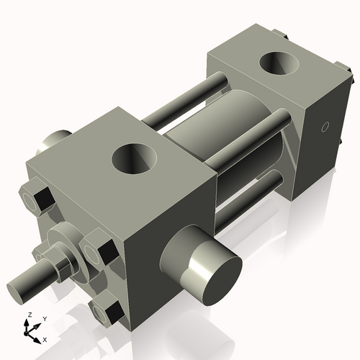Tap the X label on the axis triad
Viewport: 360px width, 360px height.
tap(45, 339)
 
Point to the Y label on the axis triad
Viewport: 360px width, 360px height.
tap(44, 318)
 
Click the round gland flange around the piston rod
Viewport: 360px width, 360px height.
tap(69, 241)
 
